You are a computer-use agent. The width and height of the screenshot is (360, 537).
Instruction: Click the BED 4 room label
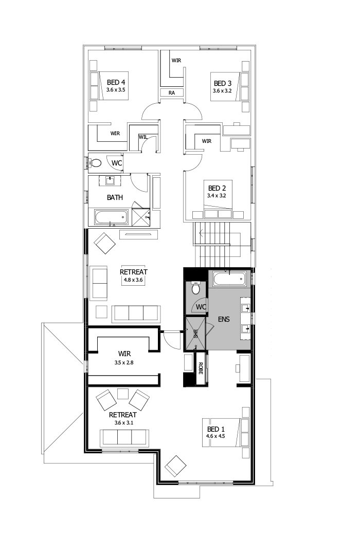coord(116,82)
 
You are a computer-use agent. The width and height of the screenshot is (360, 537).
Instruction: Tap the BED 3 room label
coord(223,83)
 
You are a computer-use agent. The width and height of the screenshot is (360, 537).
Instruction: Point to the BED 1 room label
coord(216,429)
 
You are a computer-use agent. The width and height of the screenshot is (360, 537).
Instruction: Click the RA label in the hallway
coord(172,93)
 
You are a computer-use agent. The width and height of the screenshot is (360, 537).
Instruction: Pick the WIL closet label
coord(143,137)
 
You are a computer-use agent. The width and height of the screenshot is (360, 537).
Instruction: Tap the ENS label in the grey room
coord(224,319)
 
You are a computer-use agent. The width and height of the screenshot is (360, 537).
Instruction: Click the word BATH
coord(115,197)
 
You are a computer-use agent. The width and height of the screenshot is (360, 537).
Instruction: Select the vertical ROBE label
coord(200,369)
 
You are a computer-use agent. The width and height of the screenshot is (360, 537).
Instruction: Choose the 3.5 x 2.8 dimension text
coord(124,362)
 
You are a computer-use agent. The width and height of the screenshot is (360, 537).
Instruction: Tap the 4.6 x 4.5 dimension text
coord(216,436)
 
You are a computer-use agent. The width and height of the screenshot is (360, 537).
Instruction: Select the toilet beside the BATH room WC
coord(95,163)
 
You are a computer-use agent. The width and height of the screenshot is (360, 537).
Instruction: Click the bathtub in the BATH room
coord(111,217)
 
